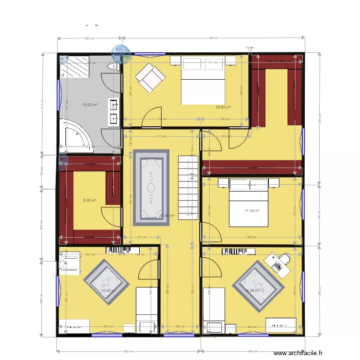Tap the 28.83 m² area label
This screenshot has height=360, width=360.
pos(223,108)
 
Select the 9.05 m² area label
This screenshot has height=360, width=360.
pos(90,201)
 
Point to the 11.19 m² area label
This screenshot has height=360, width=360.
pos(252,210)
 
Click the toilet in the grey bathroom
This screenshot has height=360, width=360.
pos(114,66)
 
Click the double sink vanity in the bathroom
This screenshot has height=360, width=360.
pos(115,111)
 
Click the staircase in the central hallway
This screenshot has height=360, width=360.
pos(188,187)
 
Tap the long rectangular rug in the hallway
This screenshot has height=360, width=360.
pos(151,187)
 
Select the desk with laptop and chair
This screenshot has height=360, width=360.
pos(277,264)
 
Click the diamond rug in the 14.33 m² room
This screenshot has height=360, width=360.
pos(106,287)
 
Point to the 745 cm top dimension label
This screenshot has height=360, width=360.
pos(214,38)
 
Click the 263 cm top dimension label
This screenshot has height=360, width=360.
pos(89,38)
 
